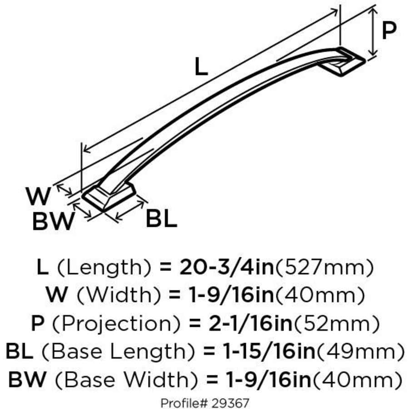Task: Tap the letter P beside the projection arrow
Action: pos(389,31)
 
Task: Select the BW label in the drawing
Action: pos(53,222)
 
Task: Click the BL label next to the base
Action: pos(161,220)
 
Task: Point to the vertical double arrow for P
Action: pos(373,32)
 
